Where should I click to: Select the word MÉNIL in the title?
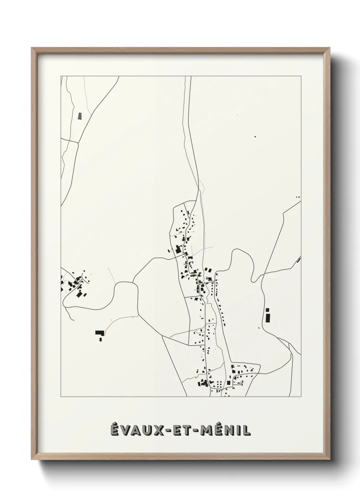(x=225, y=430)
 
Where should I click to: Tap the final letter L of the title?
(x=248, y=430)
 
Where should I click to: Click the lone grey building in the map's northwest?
(x=80, y=116)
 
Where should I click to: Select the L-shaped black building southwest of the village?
(x=100, y=334)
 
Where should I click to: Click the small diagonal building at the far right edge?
(x=298, y=260)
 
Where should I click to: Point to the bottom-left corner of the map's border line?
(x=61, y=397)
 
